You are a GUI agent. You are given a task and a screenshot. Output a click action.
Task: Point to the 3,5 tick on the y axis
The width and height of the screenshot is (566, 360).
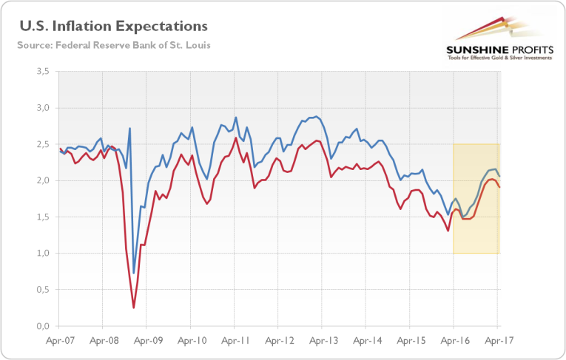[41, 72]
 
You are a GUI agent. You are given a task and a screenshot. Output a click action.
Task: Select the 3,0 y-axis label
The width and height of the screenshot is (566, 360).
[41, 108]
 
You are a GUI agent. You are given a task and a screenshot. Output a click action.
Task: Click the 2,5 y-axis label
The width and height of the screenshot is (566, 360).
[41, 144]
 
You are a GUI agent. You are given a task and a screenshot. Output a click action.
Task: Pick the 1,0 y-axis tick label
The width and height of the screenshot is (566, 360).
[41, 254]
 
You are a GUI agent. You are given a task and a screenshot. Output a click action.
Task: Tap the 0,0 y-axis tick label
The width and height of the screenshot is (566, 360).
[41, 326]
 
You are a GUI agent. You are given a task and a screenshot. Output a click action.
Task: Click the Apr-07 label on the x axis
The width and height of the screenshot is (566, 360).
[58, 342]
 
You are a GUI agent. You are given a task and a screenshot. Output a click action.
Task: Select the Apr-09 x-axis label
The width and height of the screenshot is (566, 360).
[146, 342]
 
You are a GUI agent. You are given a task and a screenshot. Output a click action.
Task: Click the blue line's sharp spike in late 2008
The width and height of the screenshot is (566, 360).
[130, 129]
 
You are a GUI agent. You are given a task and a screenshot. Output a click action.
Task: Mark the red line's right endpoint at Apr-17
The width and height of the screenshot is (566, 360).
[499, 187]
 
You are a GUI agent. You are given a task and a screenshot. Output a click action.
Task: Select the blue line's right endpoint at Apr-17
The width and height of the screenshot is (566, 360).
[499, 176]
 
